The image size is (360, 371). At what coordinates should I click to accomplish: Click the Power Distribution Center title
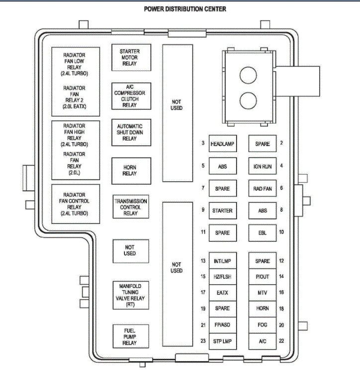point(185,9)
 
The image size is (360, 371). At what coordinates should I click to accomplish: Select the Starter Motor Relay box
point(130,58)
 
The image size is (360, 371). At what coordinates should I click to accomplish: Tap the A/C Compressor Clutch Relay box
point(130,95)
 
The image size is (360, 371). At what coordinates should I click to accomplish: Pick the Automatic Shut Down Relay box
point(130,132)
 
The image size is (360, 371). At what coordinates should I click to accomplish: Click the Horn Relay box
point(130,170)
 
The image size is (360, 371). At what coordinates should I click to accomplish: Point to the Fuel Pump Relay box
point(130,336)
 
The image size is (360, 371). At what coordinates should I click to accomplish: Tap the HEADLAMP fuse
point(222,144)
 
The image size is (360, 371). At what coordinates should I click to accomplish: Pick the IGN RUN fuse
point(263,166)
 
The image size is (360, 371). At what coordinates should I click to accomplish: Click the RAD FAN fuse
point(263,188)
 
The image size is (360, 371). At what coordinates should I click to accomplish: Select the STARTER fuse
point(222,211)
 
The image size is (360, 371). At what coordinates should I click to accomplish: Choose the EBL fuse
point(263,232)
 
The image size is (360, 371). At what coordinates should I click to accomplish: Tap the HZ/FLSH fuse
point(222,276)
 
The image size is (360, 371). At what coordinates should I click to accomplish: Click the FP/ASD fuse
point(222,325)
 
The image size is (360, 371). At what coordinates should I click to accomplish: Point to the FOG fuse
point(263,325)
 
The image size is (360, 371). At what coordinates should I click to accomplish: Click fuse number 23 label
point(203,341)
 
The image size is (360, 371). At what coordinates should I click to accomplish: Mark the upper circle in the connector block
point(248,75)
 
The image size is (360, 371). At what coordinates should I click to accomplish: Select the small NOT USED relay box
point(130,250)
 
